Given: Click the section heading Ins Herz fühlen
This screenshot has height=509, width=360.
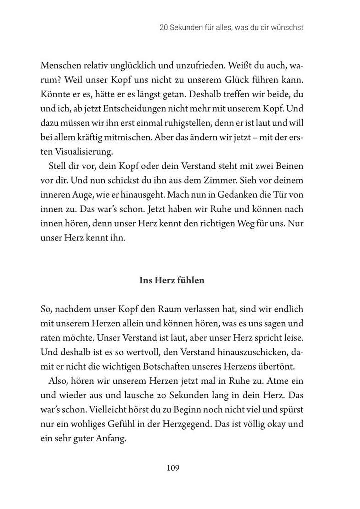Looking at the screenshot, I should coord(172,280).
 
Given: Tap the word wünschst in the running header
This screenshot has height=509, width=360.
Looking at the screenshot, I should coord(285,28).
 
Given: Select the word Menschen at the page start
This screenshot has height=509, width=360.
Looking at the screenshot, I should coord(59,66).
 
